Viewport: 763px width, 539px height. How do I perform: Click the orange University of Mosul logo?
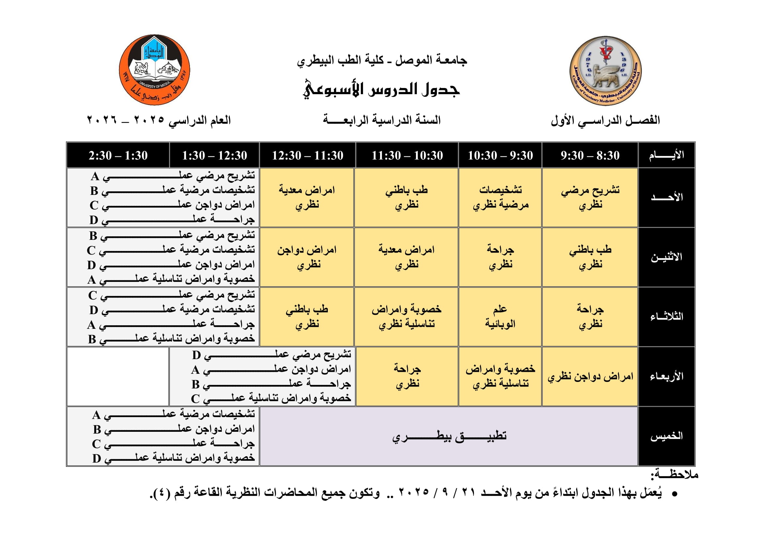pos(155,70)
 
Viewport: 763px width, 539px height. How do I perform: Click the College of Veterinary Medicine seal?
pos(605,71)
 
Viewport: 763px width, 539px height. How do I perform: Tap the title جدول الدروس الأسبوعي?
pos(381,89)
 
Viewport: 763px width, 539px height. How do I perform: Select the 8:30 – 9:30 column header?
pos(590,155)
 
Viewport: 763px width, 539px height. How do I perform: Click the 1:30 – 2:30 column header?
pos(118,155)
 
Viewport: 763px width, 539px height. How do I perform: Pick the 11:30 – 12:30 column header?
pos(307,155)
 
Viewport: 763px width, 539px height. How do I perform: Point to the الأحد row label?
pos(667,197)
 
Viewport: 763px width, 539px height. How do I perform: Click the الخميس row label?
pos(667,436)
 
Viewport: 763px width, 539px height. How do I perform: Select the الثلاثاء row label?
pos(667,317)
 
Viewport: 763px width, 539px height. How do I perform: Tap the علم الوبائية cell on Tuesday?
pos(500,317)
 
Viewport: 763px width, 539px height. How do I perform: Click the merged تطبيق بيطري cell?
pos(449,436)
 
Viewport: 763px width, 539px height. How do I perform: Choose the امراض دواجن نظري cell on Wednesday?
pos(590,376)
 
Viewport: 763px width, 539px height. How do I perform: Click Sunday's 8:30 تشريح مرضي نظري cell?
pos(590,197)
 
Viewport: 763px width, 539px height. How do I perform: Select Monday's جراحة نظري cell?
pos(500,257)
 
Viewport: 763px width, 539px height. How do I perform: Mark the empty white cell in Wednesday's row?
pos(118,376)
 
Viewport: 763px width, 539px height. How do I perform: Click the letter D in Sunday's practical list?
pos(94,220)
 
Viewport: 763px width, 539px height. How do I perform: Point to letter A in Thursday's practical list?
pos(96,415)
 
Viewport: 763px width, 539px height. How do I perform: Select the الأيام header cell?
pos(667,155)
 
